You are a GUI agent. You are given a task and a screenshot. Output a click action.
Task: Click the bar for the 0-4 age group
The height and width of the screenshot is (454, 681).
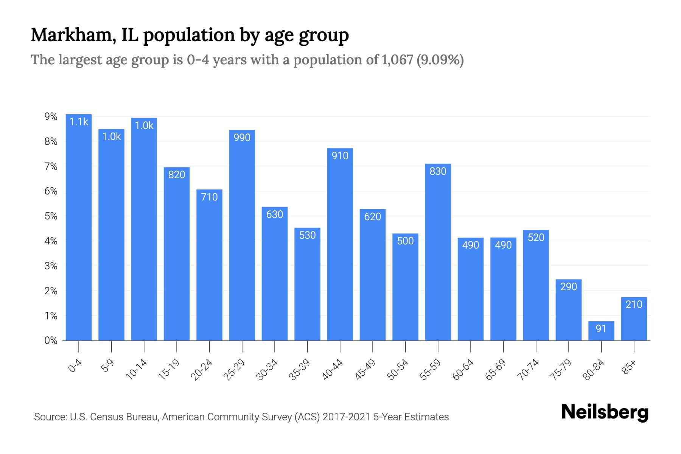coord(79,227)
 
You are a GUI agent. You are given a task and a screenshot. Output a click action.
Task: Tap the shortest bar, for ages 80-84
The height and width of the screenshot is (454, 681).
coord(601,331)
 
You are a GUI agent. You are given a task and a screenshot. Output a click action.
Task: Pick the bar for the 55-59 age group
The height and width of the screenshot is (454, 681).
coord(438,252)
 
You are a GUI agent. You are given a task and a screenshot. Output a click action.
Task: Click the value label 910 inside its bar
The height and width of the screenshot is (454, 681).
coord(340,156)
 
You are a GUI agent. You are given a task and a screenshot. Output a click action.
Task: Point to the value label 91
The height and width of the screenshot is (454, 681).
coord(601,328)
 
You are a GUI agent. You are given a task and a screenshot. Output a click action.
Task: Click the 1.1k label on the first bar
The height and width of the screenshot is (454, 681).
coord(79,122)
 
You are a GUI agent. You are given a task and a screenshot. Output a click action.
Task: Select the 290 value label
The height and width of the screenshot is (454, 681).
coord(569,287)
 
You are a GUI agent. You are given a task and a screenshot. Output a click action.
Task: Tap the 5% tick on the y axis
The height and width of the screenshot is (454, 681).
coord(51,216)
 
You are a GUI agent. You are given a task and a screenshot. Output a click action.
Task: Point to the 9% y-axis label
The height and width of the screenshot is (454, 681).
coord(51,117)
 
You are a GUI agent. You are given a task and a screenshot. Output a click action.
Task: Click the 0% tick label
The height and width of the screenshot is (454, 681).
coord(51,340)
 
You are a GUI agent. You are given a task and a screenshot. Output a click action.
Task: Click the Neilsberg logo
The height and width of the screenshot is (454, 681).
coord(605,412)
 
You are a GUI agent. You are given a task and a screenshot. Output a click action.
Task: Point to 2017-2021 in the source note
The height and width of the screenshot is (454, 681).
coord(346,417)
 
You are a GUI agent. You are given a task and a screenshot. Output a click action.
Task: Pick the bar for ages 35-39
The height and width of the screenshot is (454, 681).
coord(307,284)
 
